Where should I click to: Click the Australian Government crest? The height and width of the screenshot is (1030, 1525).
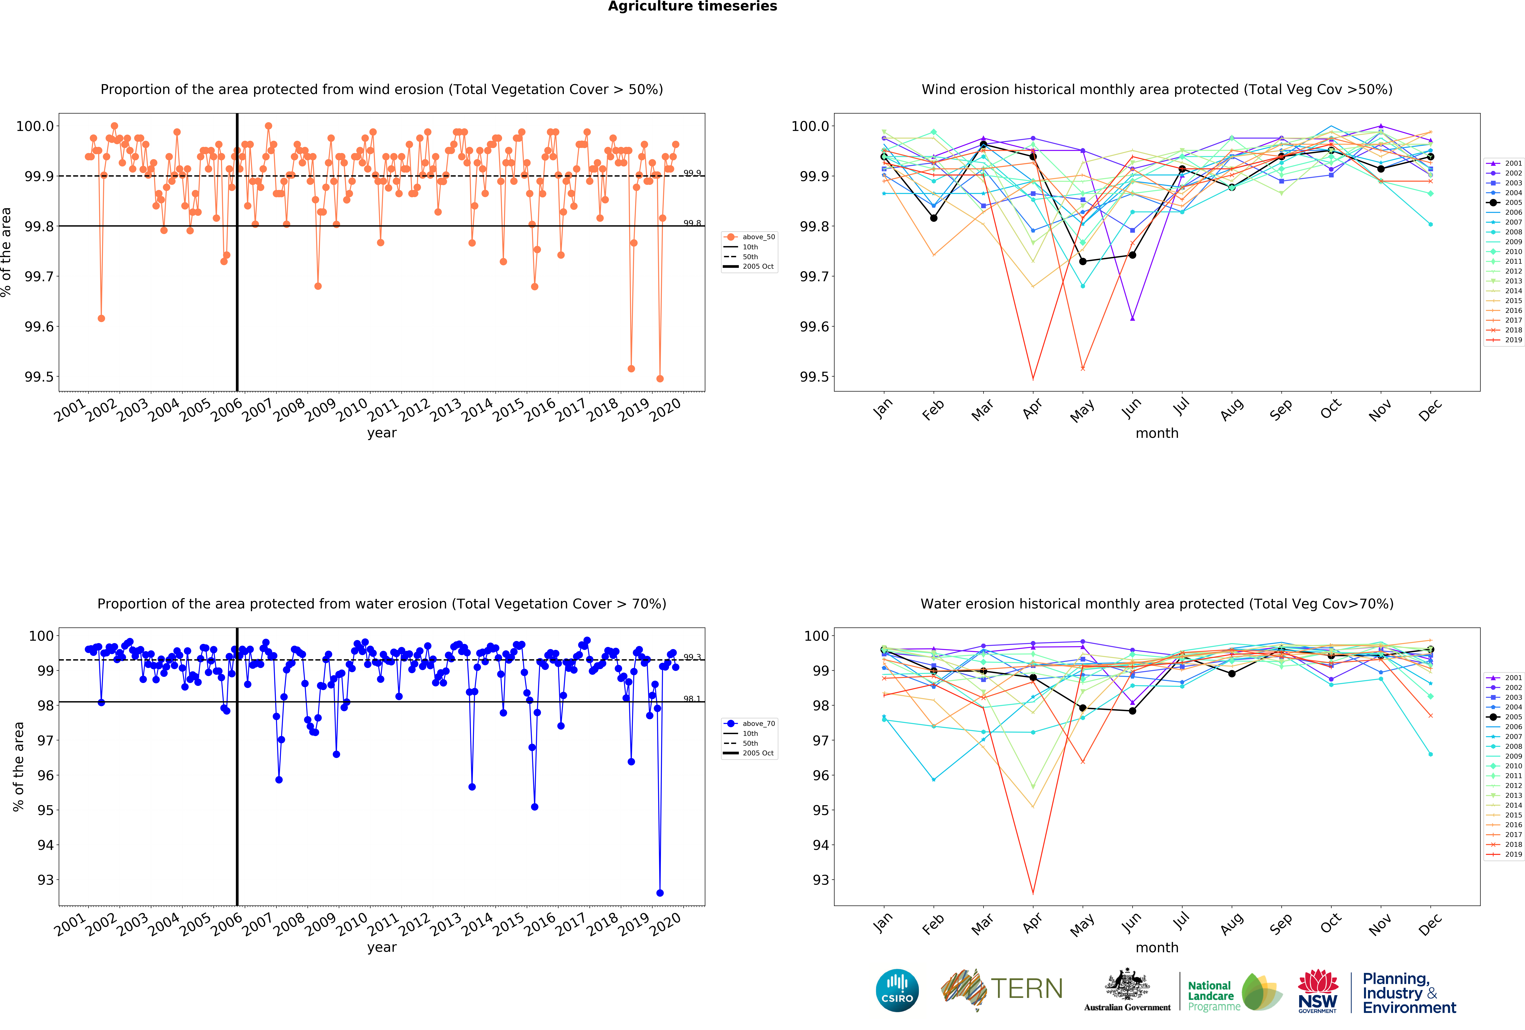pos(1127,984)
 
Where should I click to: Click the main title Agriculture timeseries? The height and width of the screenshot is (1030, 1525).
pos(692,7)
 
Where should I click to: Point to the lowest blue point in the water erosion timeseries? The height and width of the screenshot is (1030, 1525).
pos(659,893)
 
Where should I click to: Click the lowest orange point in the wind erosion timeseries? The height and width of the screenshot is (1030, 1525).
pos(659,378)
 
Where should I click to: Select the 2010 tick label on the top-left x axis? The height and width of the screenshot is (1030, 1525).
pos(352,410)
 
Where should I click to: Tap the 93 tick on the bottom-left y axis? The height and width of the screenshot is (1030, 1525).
pos(45,880)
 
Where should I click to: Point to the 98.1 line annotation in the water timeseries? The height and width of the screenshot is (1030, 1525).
pos(692,699)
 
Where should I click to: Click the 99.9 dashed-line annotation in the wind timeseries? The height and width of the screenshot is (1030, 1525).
pos(692,173)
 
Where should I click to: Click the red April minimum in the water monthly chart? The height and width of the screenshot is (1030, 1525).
pos(1033,893)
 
